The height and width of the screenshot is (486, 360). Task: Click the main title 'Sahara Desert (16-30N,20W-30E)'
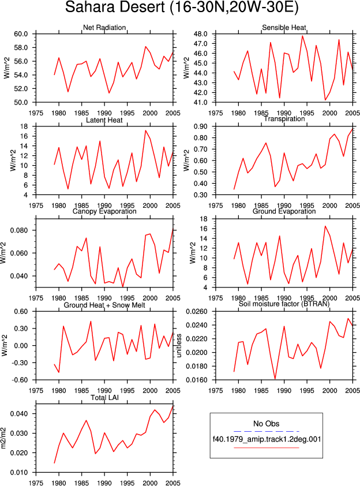click(182, 8)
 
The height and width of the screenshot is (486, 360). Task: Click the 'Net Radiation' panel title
click(104, 28)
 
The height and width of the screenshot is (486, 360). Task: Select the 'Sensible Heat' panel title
click(284, 28)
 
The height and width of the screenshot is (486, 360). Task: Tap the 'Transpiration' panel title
click(284, 119)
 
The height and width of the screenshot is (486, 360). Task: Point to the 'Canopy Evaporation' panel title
click(104, 211)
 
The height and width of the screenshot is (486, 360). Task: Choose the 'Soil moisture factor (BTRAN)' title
click(284, 304)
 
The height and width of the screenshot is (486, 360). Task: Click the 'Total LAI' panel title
click(105, 397)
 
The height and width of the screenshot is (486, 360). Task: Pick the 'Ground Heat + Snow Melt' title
click(104, 305)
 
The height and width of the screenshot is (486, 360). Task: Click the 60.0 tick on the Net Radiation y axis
click(21, 34)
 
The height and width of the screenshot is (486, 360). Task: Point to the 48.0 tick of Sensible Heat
click(200, 34)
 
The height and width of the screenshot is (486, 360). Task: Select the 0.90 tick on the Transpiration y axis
click(200, 126)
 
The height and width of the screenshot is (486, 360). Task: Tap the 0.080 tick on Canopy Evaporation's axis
click(19, 231)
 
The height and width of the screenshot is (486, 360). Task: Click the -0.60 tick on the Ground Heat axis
click(20, 380)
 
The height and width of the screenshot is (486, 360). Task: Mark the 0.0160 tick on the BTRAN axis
click(197, 380)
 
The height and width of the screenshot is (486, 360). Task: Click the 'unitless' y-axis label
click(179, 346)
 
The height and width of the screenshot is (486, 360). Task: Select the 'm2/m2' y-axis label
click(3, 438)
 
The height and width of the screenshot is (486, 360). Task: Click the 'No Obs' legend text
click(266, 424)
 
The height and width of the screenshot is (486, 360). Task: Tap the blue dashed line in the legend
click(266, 431)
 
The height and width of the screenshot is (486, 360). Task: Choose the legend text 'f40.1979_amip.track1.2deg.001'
click(267, 439)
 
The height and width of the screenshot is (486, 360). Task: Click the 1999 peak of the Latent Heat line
click(145, 130)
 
